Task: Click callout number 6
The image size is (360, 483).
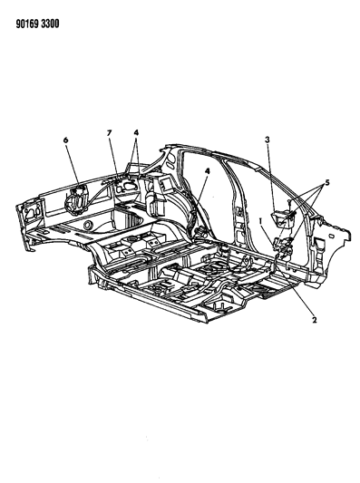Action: [65, 140]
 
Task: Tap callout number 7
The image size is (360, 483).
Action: [109, 133]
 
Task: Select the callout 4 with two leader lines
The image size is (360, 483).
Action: [136, 132]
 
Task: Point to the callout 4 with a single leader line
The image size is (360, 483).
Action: [208, 171]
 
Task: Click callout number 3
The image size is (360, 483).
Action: [268, 140]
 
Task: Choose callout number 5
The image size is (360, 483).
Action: [327, 183]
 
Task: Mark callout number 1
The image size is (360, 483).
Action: [261, 221]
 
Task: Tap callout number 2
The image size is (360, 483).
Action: [314, 320]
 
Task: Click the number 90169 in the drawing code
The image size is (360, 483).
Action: [27, 24]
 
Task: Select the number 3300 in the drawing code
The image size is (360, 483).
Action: [50, 24]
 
